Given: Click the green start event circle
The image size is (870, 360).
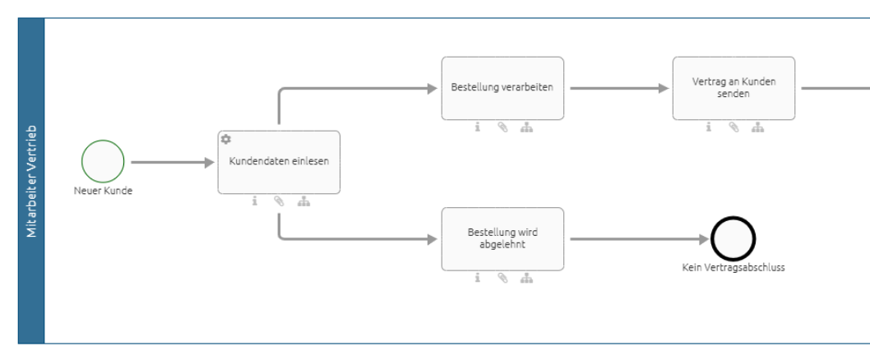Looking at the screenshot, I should click(x=103, y=162).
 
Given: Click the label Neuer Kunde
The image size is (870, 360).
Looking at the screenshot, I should click(x=103, y=191).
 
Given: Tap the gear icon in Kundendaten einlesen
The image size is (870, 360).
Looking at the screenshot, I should click(x=226, y=140).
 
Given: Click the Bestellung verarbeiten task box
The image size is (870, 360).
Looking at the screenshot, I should click(x=502, y=88).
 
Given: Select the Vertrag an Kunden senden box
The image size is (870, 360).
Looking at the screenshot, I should click(x=733, y=88).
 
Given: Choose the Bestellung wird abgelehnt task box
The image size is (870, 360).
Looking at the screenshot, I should click(x=502, y=238).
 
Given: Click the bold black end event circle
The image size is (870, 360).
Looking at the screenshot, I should click(x=733, y=239).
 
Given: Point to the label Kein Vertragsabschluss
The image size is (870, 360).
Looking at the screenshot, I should click(x=733, y=267).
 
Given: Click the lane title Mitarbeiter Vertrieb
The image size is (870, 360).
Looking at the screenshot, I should click(x=31, y=181).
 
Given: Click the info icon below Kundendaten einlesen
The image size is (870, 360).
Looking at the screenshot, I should click(x=255, y=201).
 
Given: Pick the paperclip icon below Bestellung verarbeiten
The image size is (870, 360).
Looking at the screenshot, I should click(x=502, y=127).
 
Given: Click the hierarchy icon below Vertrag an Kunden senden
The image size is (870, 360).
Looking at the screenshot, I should click(x=758, y=127).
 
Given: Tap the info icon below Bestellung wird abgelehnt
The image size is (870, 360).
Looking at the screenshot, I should click(x=477, y=278).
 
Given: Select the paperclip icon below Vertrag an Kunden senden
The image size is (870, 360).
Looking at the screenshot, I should click(x=733, y=127).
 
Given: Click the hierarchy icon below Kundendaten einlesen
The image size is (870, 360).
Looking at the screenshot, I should click(x=303, y=201).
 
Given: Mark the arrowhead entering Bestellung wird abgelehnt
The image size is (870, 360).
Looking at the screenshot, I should click(x=433, y=239).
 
